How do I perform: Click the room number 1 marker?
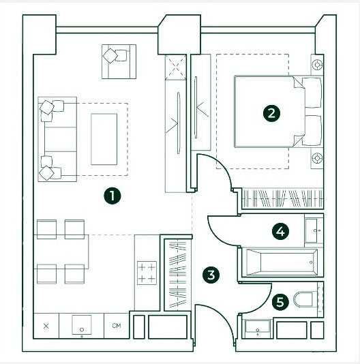[x=112, y=196]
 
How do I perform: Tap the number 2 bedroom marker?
[x=271, y=114]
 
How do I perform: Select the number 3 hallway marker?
[x=211, y=275]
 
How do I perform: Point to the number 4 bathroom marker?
[x=280, y=232]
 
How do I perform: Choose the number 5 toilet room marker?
[x=280, y=302]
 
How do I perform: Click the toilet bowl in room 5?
[x=303, y=299]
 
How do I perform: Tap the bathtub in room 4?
[x=282, y=262]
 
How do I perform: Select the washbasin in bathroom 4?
[x=314, y=231]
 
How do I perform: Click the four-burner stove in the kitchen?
[x=147, y=273]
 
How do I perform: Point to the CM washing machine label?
[x=117, y=326]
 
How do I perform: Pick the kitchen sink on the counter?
[x=82, y=324]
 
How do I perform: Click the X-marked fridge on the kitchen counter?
[x=46, y=326]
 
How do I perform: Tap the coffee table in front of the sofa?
[x=104, y=139]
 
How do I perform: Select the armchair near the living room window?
[x=119, y=61]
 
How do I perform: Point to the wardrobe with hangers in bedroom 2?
[x=282, y=198]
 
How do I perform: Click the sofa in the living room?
[x=57, y=139]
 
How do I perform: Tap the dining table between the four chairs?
[x=61, y=252]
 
